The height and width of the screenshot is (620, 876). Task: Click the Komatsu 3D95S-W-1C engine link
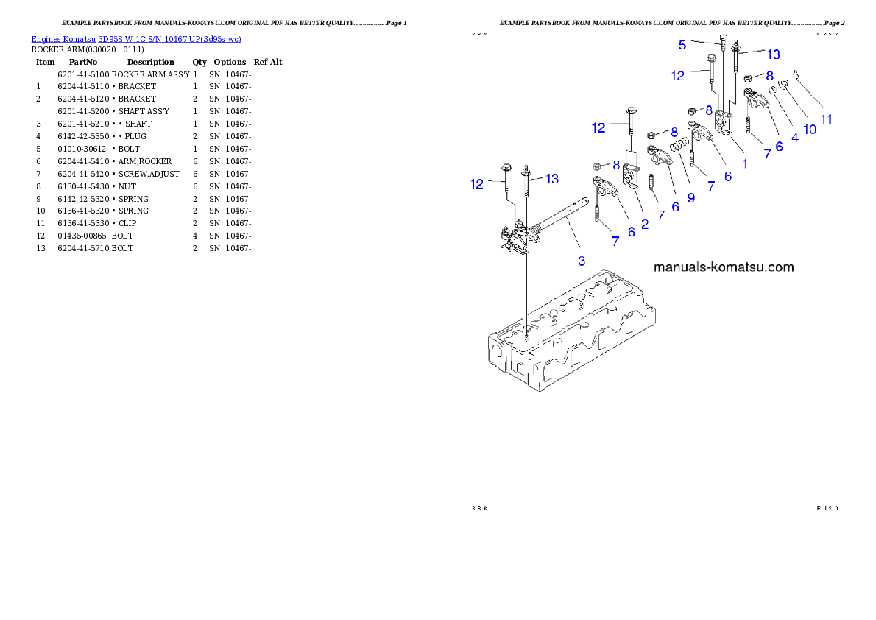tap(136, 39)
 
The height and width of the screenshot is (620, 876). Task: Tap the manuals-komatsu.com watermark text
tap(724, 267)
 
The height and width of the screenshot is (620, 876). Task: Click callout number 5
tap(682, 45)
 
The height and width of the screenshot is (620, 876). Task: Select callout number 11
tap(827, 119)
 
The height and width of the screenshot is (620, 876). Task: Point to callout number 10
tap(809, 129)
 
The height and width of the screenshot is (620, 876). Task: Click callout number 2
tap(645, 224)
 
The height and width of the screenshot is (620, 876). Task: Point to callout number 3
tap(582, 260)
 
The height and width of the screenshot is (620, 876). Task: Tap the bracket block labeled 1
tap(723, 121)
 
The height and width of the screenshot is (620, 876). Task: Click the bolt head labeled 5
tap(724, 38)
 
